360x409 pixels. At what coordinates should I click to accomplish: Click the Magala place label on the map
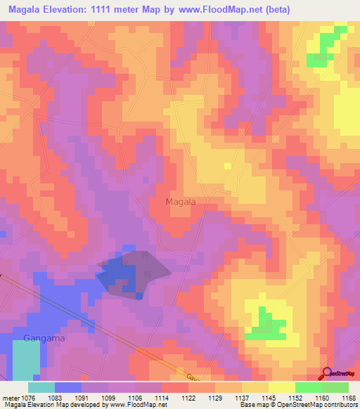click(180, 202)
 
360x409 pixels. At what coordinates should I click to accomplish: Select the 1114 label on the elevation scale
click(161, 398)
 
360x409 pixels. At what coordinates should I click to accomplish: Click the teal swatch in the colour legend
click(41, 387)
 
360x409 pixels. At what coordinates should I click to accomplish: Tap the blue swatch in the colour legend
click(68, 387)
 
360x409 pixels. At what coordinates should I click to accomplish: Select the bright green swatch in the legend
click(308, 387)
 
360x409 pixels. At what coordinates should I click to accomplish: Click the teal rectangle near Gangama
click(26, 360)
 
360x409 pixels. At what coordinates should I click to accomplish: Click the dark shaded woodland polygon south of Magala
click(134, 271)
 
